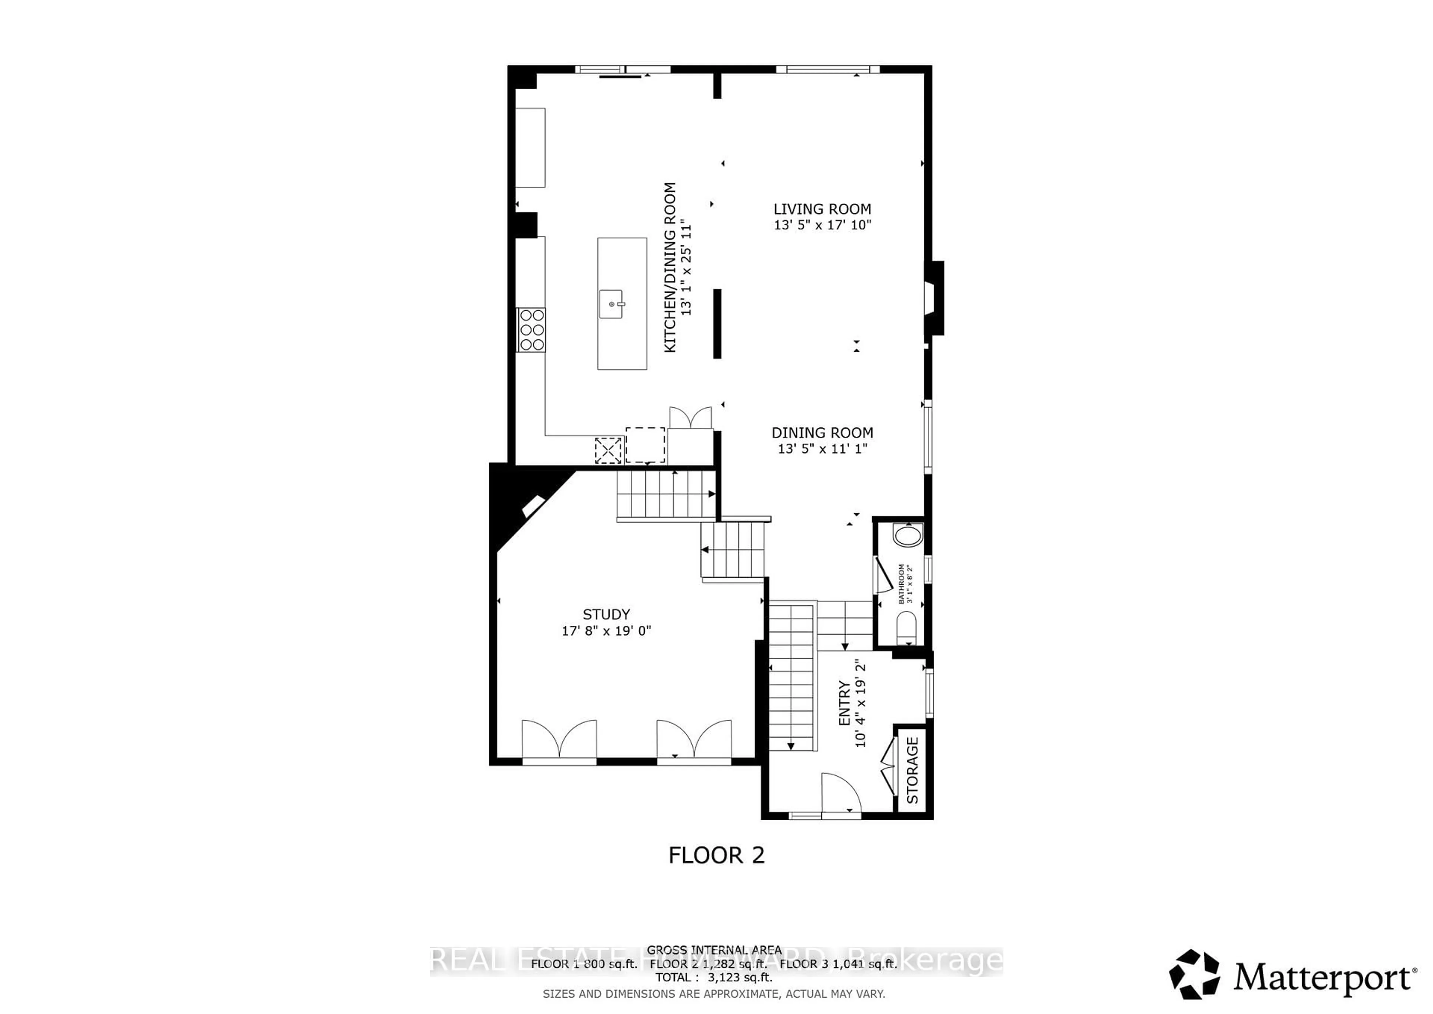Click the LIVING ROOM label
coord(822,209)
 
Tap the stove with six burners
coord(531,330)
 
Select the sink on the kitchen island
coord(611,304)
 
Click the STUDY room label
coord(606,615)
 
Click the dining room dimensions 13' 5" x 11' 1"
coord(822,449)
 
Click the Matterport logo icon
coord(1194,975)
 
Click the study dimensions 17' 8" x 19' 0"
coord(606,631)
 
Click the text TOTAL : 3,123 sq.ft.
coord(714,977)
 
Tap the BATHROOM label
coord(901,584)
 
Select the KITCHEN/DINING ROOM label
coord(670,267)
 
